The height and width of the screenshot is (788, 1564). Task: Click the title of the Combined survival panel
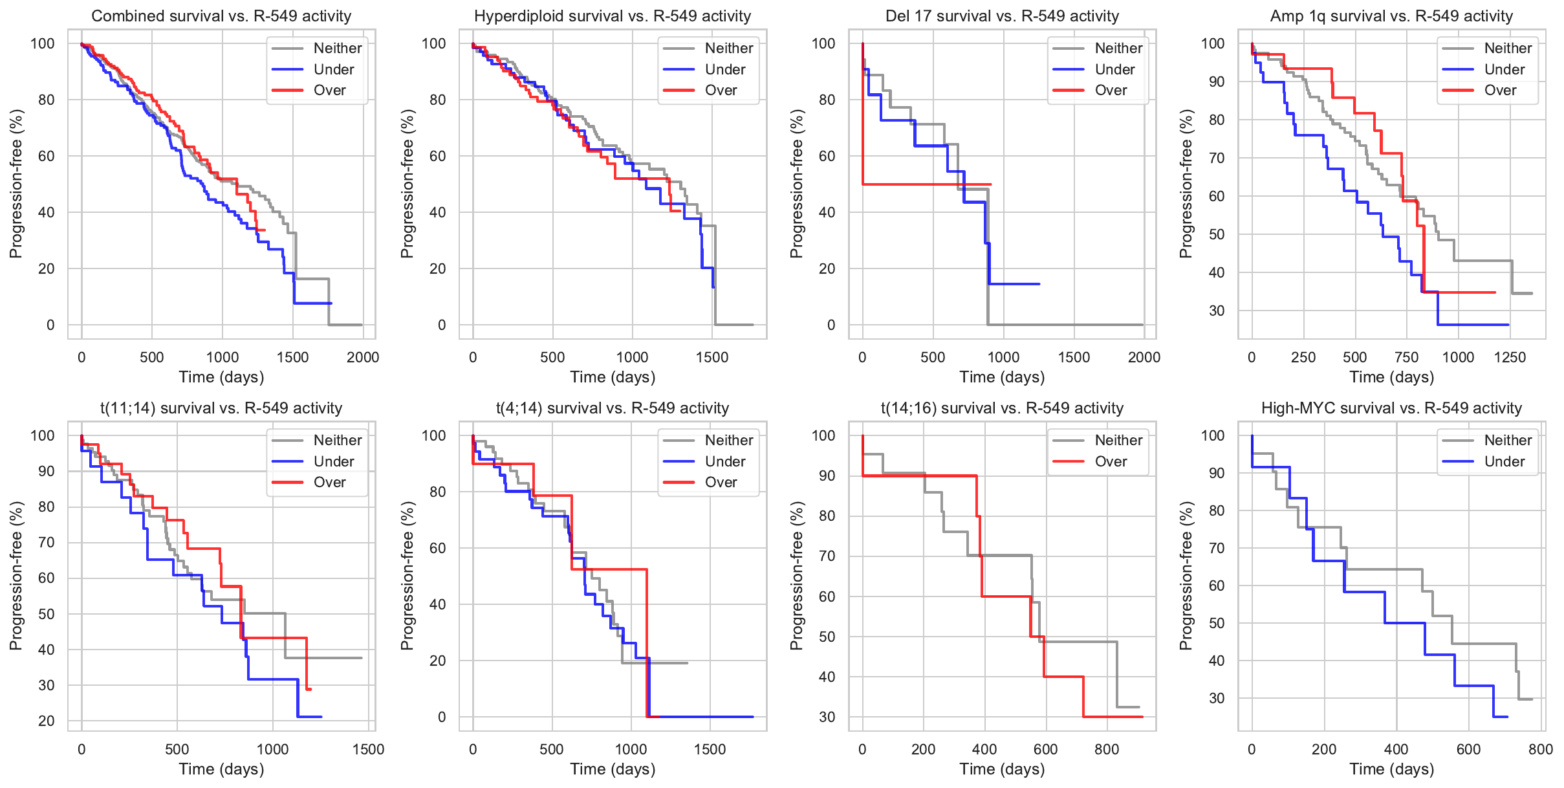point(221,16)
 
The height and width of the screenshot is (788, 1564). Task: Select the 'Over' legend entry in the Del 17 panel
point(1111,91)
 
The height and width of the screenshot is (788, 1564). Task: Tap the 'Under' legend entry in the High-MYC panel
point(1504,461)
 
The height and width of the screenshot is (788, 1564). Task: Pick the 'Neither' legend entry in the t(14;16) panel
point(1118,441)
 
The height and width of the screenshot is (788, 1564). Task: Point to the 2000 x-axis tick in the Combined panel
point(363,357)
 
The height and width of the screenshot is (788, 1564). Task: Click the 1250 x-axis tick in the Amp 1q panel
point(1510,357)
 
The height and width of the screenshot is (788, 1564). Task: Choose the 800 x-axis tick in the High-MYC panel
point(1540,749)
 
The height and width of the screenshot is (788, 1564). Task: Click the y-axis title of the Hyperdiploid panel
point(407,184)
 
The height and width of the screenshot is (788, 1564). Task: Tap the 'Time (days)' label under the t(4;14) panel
point(613,769)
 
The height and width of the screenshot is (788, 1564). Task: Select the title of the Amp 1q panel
point(1391,16)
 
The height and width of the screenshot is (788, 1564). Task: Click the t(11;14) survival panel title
point(221,408)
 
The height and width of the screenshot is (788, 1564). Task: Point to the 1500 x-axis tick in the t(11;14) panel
point(368,749)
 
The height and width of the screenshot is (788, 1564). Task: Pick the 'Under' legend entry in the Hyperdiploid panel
point(724,70)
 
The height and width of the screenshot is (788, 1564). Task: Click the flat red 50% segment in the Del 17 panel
point(925,184)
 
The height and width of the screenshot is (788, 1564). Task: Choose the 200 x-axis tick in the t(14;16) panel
point(923,749)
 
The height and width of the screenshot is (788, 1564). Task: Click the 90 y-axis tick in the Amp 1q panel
point(1217,82)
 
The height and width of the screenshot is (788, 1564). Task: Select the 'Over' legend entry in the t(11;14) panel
point(329,483)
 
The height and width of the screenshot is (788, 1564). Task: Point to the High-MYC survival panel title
point(1391,408)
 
